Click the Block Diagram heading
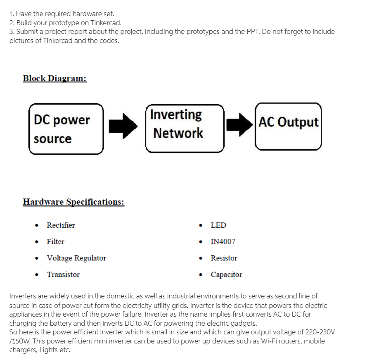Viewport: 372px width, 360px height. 54,78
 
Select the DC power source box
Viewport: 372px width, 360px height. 66,129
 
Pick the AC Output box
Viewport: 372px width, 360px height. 288,126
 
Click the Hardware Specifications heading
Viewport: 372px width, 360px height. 73,202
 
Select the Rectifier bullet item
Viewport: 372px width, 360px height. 61,225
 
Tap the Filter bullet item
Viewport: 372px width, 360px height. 55,241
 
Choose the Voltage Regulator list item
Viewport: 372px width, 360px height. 76,258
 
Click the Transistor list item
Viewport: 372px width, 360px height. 63,274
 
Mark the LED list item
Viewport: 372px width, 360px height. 218,225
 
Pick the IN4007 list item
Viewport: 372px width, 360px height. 223,241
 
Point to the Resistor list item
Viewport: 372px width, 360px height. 224,258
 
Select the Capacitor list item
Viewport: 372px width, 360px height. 226,274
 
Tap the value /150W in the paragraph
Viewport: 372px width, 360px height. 18,341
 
